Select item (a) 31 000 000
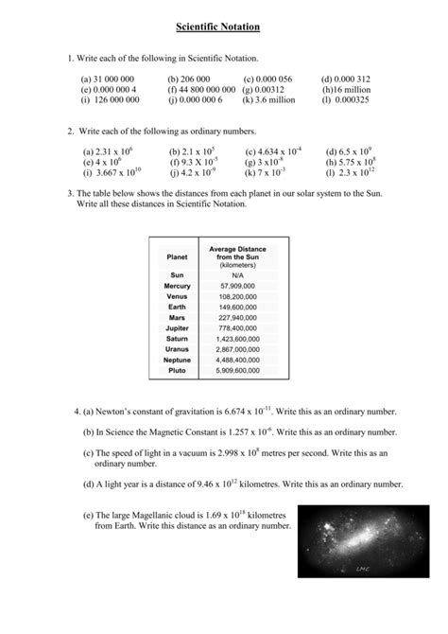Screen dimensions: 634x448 coord(107,79)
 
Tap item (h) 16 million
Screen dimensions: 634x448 coord(347,89)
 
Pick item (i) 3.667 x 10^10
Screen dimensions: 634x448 coord(111,172)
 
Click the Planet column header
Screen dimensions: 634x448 coord(177,256)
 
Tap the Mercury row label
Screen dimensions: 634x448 coord(177,285)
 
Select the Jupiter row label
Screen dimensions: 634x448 coord(177,328)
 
